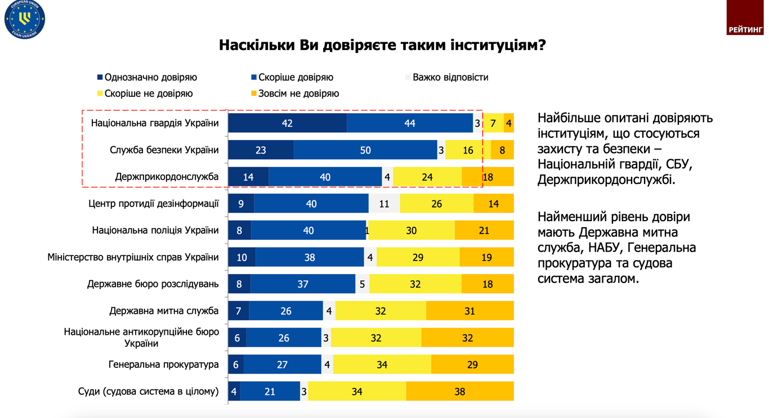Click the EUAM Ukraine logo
coord(25,19)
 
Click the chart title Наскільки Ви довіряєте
coord(382,45)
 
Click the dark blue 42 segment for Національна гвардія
coord(287,123)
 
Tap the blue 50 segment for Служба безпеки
coord(365,150)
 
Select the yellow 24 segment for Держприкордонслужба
coord(427,177)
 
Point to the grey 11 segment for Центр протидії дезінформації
coord(384,204)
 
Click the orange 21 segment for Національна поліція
coord(484,231)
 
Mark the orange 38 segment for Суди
coord(459,392)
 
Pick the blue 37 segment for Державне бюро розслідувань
coord(303,284)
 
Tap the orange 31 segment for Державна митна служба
coord(470,311)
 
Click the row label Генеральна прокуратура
coord(163,365)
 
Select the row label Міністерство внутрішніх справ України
coord(133,258)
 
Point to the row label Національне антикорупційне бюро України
coord(141,338)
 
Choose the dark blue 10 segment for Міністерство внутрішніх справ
coord(242,258)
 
